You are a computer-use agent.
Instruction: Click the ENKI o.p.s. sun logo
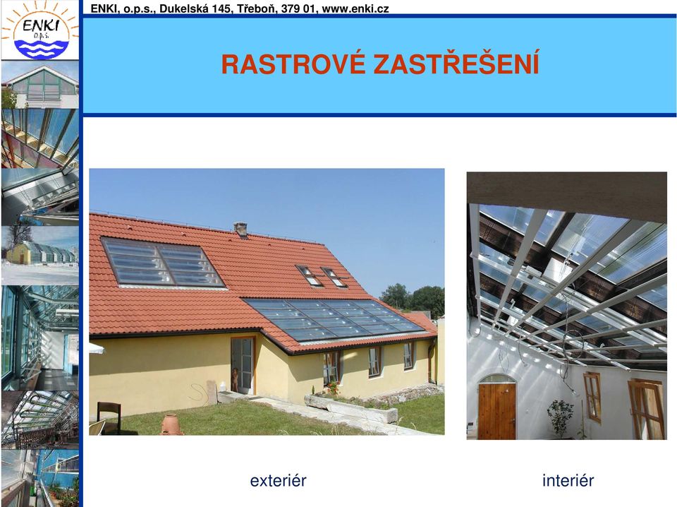(39, 30)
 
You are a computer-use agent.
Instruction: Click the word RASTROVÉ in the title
(293, 64)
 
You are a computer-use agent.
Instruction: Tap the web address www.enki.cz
(355, 8)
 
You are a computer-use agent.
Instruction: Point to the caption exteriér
(278, 480)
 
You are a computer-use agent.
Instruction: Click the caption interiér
(568, 480)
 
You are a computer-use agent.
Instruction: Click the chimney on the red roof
(240, 229)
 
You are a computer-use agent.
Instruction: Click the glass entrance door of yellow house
(242, 364)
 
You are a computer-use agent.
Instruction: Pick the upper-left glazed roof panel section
(162, 262)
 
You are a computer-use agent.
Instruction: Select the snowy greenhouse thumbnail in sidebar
(40, 256)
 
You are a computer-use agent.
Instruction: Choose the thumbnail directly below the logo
(40, 84)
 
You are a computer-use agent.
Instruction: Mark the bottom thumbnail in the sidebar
(40, 478)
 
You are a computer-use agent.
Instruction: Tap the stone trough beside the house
(350, 408)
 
